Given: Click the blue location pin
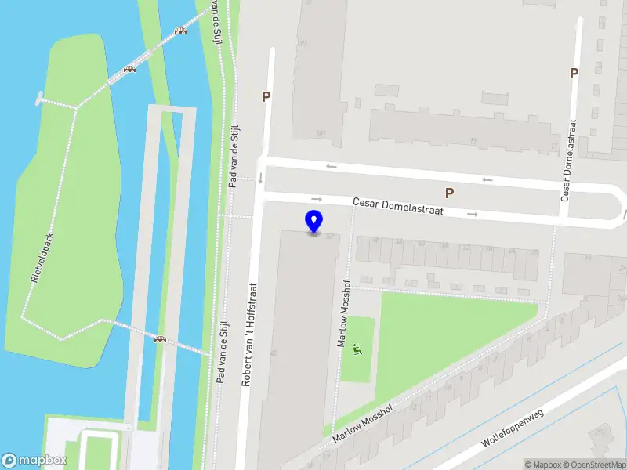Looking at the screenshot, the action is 313,221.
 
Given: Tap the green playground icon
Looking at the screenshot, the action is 357,349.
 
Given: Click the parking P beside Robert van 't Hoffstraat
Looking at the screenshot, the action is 266,97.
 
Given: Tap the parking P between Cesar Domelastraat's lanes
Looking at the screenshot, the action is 449,193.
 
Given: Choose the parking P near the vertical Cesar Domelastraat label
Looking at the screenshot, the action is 574,74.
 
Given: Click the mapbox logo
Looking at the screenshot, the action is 34,460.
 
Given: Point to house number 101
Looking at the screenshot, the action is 321,133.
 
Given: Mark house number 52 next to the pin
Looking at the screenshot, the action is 330,236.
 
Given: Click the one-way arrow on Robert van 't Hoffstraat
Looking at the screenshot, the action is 260,179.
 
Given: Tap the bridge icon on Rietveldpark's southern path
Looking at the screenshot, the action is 161,339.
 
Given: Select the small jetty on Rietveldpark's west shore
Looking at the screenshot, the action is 39,98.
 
